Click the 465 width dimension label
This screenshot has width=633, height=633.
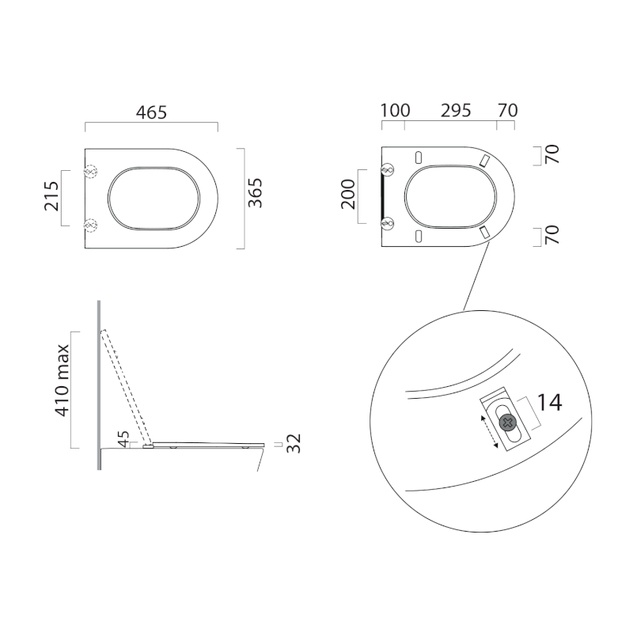click(151, 112)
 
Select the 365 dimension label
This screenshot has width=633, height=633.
click(255, 193)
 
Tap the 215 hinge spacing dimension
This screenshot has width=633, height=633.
click(51, 196)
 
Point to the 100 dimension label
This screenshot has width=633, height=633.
click(396, 111)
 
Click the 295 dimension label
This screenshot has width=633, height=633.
click(456, 111)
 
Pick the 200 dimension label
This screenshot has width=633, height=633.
click(348, 194)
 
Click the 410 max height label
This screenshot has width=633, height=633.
click(63, 381)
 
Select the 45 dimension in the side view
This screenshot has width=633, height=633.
click(123, 439)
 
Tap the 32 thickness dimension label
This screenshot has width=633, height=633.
click(294, 444)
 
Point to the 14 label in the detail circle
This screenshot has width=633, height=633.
click(549, 403)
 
